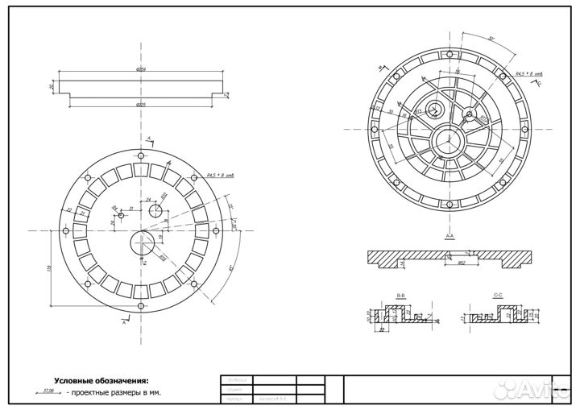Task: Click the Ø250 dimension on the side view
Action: [x=141, y=70]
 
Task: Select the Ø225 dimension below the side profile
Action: [x=141, y=105]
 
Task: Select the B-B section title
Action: [x=400, y=296]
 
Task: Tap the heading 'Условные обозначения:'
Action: [x=101, y=379]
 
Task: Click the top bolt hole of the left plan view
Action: [x=141, y=155]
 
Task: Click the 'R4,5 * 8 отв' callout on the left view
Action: [x=219, y=175]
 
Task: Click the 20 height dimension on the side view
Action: [x=51, y=86]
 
